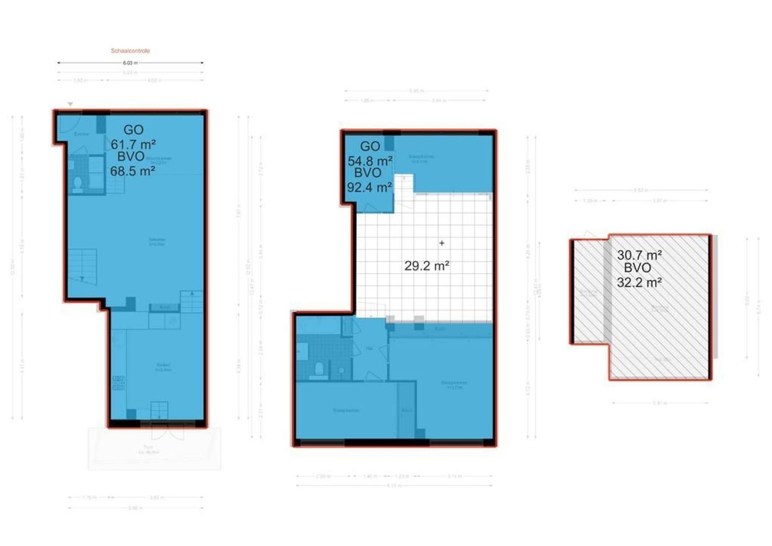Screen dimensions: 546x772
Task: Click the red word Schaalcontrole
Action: pos(130,51)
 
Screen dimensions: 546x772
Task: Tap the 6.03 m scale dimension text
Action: pos(130,63)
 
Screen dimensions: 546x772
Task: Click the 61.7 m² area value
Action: pos(133,145)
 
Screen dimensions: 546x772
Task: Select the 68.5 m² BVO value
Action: pos(132,171)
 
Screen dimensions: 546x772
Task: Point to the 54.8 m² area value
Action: pos(370,161)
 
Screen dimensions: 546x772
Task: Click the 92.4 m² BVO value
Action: pos(369,188)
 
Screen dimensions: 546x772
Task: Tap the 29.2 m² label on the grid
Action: pos(426,266)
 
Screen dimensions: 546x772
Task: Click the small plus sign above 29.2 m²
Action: pos(442,243)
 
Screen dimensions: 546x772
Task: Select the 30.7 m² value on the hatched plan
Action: pos(639,255)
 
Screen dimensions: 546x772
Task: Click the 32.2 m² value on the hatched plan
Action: pos(639,283)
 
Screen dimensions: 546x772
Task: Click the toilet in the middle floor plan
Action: pos(319,369)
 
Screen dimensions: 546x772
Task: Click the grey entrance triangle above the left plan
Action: pos(70,104)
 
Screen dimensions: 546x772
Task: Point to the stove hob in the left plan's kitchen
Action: pos(118,383)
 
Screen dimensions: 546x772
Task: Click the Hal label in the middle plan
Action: pos(369,348)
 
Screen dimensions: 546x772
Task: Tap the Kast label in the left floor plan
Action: pos(164,307)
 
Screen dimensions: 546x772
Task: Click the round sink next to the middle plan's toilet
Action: pos(342,370)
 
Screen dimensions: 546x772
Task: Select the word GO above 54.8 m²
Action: pos(370,147)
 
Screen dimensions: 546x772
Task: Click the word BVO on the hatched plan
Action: pos(638,268)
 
